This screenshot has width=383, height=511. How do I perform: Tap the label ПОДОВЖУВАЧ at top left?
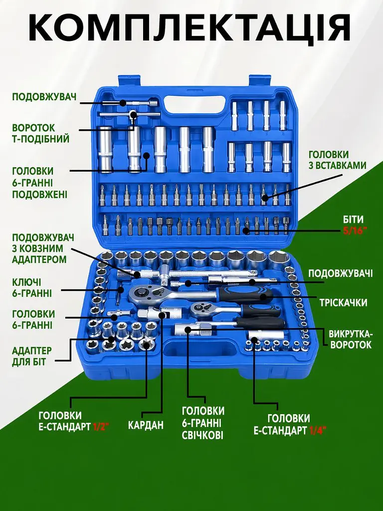pyautogui.click(x=44, y=97)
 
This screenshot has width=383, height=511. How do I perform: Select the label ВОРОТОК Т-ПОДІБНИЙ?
pyautogui.click(x=41, y=133)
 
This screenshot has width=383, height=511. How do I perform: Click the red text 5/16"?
pyautogui.click(x=355, y=231)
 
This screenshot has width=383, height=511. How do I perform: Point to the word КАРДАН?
pyautogui.click(x=146, y=425)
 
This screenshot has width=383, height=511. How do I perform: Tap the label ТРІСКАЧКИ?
pyautogui.click(x=343, y=302)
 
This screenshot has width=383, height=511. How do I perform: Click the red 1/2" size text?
pyautogui.click(x=100, y=427)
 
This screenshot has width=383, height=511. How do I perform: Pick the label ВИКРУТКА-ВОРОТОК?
pyautogui.click(x=350, y=339)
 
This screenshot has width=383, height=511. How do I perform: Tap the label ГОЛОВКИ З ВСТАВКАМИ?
pyautogui.click(x=338, y=160)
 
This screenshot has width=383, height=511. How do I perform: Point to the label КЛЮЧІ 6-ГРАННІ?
pyautogui.click(x=32, y=287)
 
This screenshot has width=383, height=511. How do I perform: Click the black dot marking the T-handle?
pyautogui.click(x=133, y=114)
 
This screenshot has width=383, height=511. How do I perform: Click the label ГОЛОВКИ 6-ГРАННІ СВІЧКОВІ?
pyautogui.click(x=203, y=423)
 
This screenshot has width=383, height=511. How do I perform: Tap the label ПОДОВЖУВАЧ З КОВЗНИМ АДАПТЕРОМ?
pyautogui.click(x=43, y=249)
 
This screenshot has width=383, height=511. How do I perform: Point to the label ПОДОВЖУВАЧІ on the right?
pyautogui.click(x=340, y=273)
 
